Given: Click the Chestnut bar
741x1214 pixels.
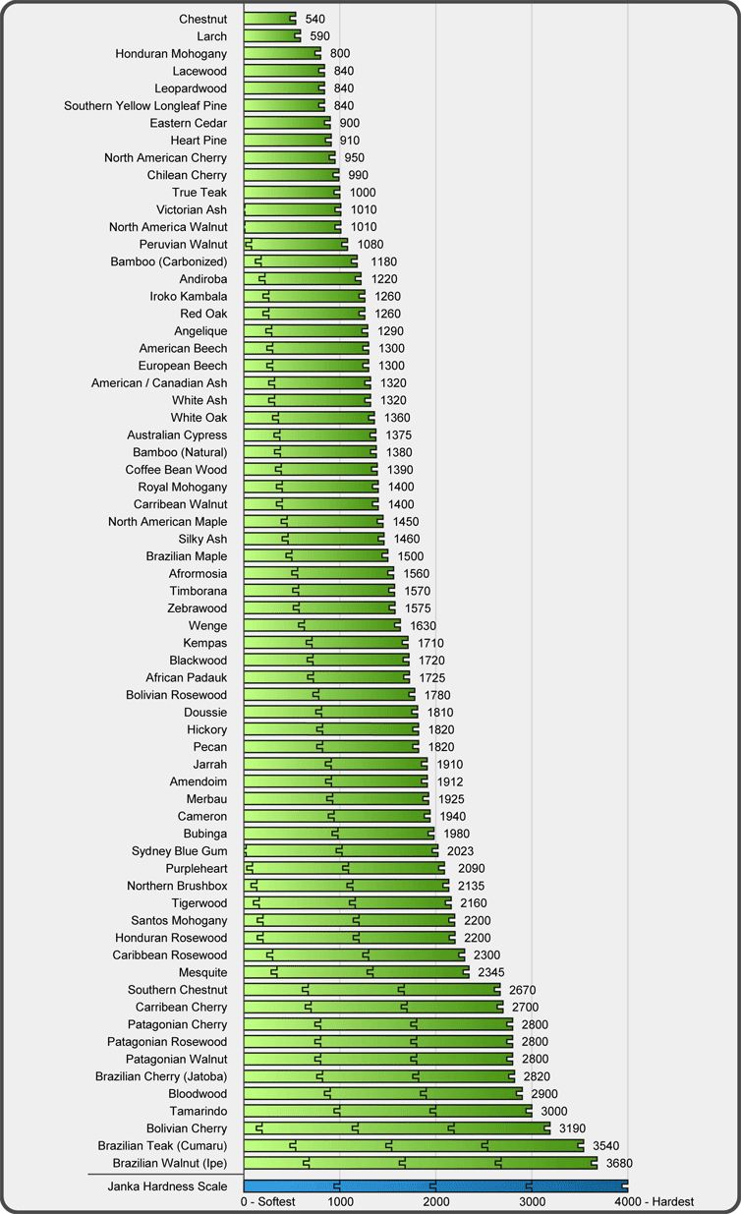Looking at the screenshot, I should pos(269,19).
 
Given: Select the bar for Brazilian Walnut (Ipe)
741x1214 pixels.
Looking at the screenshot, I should pos(420,1163).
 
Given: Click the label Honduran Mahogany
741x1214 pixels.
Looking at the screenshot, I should pos(171,54).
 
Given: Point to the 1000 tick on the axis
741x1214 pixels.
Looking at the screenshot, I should pos(340,1201).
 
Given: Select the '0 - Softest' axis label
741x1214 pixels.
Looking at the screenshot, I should pos(268,1201).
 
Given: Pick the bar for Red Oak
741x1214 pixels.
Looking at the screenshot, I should pos(304,314).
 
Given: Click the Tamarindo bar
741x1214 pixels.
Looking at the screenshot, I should pos(387,1111).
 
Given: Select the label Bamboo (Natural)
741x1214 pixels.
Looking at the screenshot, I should pos(180,452).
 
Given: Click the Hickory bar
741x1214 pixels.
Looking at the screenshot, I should pos(331,729).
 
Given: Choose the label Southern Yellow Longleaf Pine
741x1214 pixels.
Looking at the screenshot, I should pos(145,106).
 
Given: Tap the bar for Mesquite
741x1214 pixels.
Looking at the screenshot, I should pos(356,972).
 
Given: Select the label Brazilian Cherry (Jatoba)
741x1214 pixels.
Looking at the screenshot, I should pos(161,1076).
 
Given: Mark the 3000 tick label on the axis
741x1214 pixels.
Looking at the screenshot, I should pos(532,1201).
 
